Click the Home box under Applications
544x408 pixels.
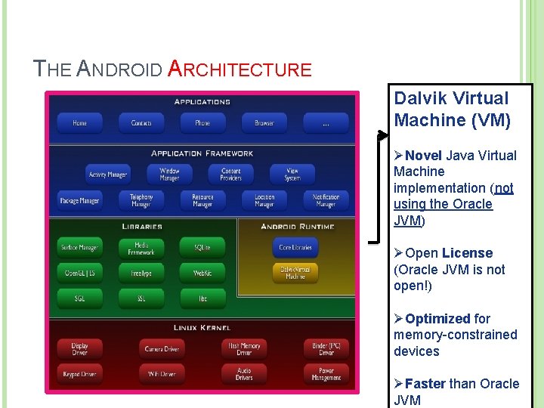pyautogui.click(x=79, y=123)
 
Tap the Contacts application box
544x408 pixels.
pyautogui.click(x=141, y=123)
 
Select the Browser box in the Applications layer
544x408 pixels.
pyautogui.click(x=264, y=123)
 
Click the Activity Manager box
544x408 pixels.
pyautogui.click(x=108, y=175)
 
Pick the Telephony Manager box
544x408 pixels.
pyautogui.click(x=141, y=200)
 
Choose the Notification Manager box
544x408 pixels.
pyautogui.click(x=326, y=200)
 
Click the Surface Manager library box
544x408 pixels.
pyautogui.click(x=79, y=247)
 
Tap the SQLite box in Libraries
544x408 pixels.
pyautogui.click(x=202, y=247)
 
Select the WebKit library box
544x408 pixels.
pyautogui.click(x=202, y=273)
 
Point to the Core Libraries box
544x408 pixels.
pyautogui.click(x=295, y=247)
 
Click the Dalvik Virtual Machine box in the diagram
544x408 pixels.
pyautogui.click(x=295, y=273)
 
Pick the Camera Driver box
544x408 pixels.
pyautogui.click(x=162, y=349)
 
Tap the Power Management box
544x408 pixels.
pyautogui.click(x=326, y=374)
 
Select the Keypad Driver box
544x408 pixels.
pyautogui.click(x=79, y=374)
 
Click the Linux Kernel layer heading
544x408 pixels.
pyautogui.click(x=202, y=327)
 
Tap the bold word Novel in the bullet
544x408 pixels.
pyautogui.click(x=424, y=156)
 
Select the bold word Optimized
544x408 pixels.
pyautogui.click(x=437, y=319)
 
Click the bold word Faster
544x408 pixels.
pyautogui.click(x=425, y=384)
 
